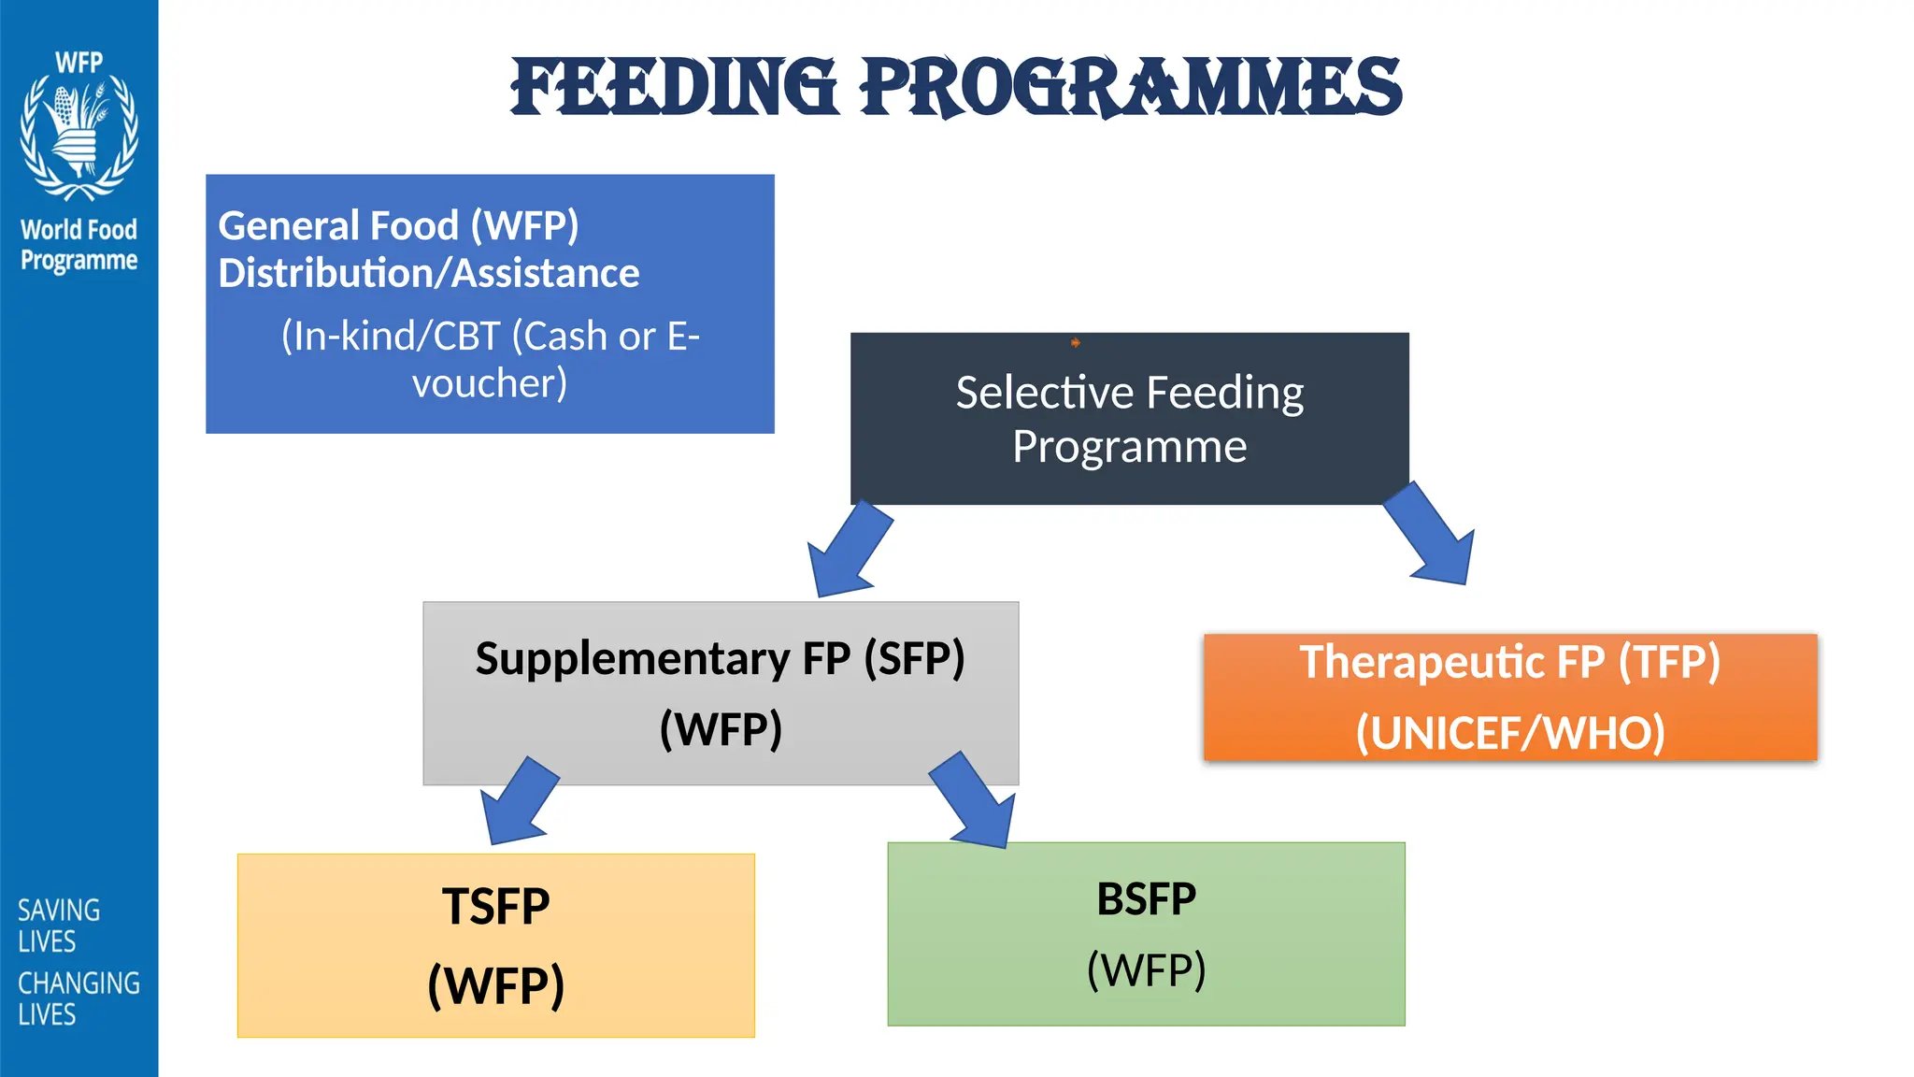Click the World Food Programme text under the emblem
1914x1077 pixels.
pos(79,244)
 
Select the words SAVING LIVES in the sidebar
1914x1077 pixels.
pos(58,926)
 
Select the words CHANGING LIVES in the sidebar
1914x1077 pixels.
pos(79,998)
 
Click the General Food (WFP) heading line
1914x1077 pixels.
pos(398,225)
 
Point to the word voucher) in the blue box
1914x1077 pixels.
pos(490,383)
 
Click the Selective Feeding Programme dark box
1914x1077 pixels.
pos(1129,419)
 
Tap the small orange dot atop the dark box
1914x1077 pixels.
pos(1075,343)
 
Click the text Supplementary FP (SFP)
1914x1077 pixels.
pos(720,658)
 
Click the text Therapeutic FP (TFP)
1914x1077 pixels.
pos(1509,662)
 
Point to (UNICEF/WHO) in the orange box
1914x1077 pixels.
pos(1509,732)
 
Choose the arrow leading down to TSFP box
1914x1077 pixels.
pos(519,802)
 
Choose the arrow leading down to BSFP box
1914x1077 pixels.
pos(975,801)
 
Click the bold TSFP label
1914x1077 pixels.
pos(495,906)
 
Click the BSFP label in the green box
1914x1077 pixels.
pos(1146,899)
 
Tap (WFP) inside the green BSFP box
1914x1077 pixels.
pos(1146,969)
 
